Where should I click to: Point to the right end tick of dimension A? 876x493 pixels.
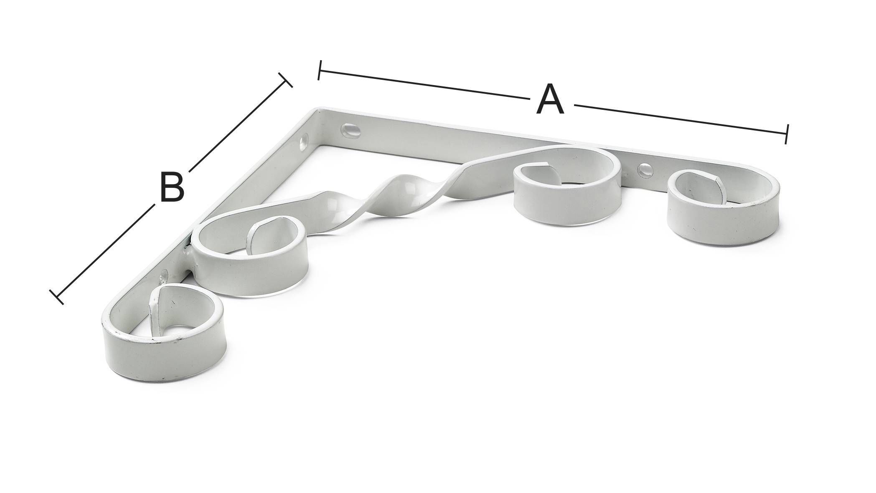(787, 134)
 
